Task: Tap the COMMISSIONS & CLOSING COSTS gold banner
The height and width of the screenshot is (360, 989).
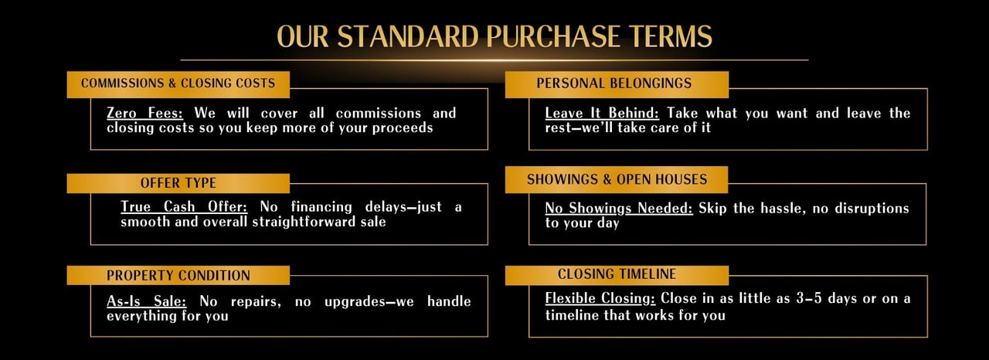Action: coord(178,84)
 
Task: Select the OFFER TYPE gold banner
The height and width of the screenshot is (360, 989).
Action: coord(178,183)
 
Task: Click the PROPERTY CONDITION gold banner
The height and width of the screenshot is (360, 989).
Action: coord(178,275)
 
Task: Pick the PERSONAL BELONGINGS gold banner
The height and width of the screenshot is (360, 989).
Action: coord(617,84)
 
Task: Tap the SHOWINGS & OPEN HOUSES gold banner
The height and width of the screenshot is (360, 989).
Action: coord(617,179)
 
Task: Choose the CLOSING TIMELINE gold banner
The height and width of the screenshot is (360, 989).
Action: coord(617,275)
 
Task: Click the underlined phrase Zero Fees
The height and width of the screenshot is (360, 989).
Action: coord(144,114)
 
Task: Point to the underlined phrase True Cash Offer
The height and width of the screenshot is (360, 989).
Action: coord(184,207)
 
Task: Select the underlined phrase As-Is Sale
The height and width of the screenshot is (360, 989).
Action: coord(147,301)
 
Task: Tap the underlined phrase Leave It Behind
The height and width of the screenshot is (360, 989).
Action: coord(602,114)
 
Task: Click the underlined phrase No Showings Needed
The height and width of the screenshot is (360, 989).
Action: coord(619,209)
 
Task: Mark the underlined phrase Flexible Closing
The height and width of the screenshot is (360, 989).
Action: coord(600,299)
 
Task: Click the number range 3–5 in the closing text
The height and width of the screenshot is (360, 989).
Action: coord(809,299)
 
